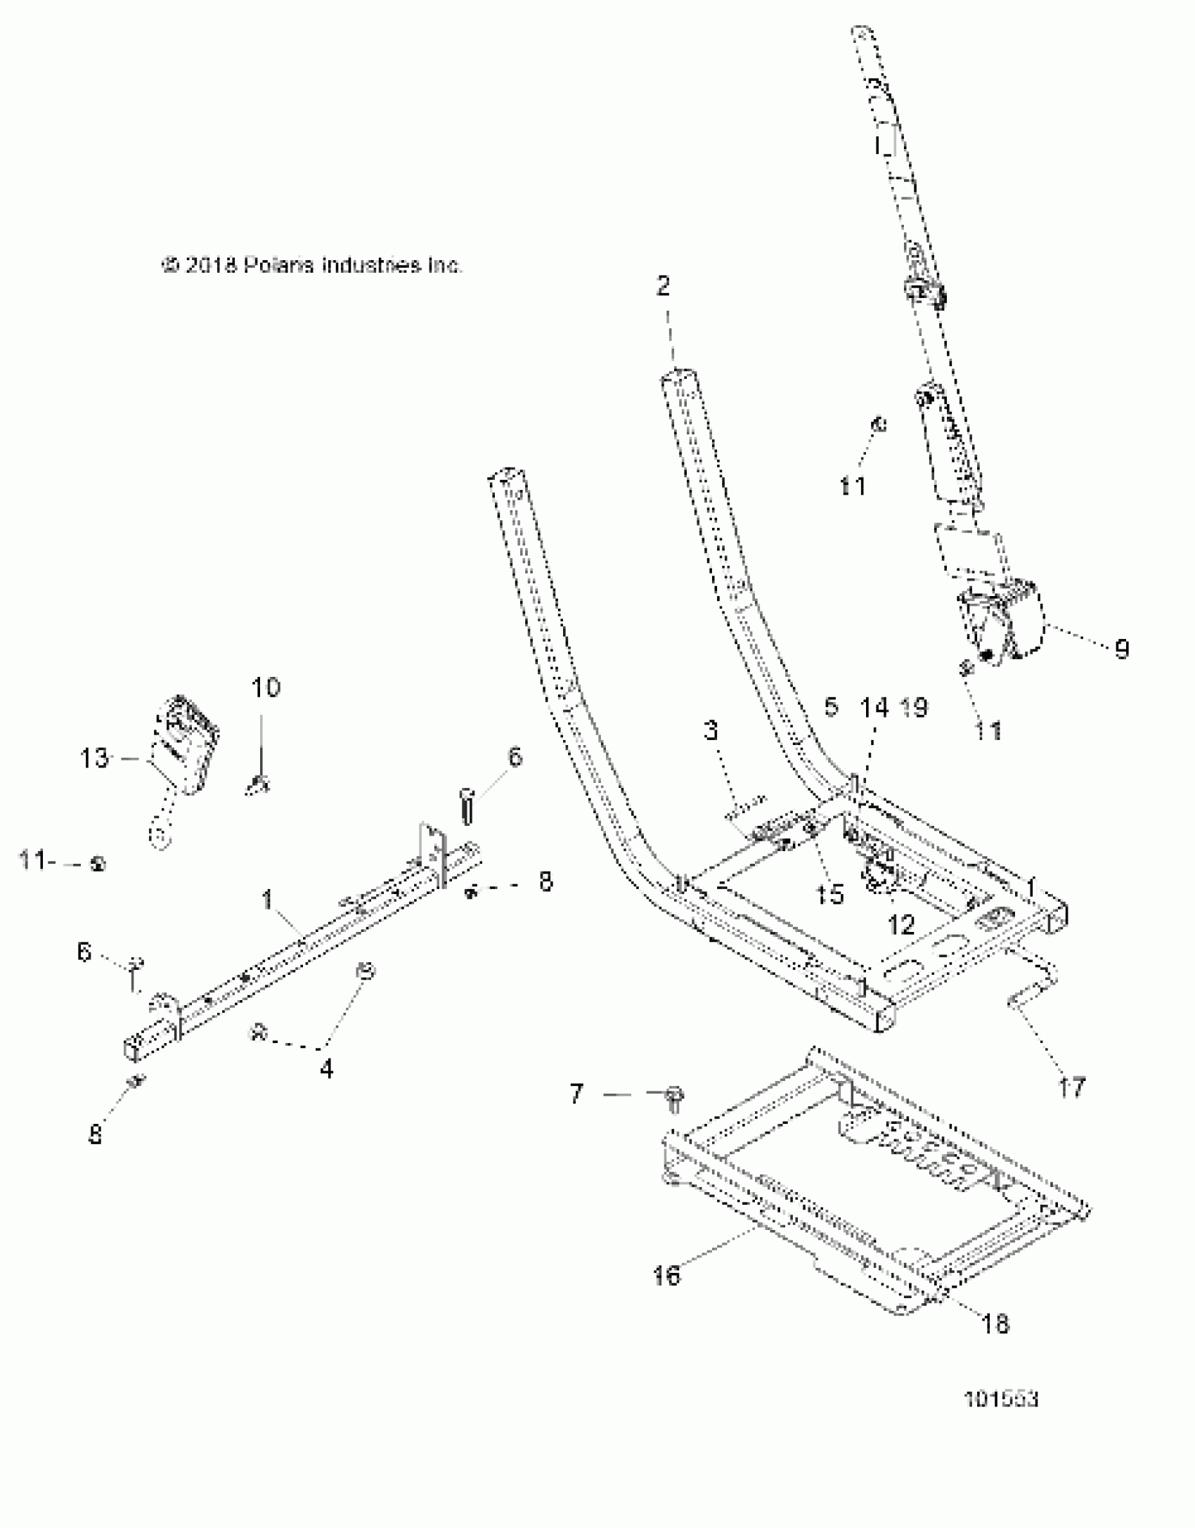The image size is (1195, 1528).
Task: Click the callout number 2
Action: (x=663, y=287)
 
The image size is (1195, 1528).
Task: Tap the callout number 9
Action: (x=1122, y=649)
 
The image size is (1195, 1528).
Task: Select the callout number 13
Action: (x=94, y=758)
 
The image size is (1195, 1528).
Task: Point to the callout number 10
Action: (x=266, y=687)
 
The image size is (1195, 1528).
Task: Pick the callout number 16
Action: (x=666, y=1276)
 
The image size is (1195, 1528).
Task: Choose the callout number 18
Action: (x=995, y=1325)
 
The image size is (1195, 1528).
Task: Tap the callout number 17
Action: (x=1071, y=1089)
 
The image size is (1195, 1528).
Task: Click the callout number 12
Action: (x=902, y=926)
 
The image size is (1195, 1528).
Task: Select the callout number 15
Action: (x=830, y=895)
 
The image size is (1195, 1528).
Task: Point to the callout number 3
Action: (x=711, y=731)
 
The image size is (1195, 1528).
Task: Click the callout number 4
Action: (x=326, y=1069)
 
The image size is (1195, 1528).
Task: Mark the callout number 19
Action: (x=914, y=708)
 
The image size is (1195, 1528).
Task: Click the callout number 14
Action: (x=875, y=708)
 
